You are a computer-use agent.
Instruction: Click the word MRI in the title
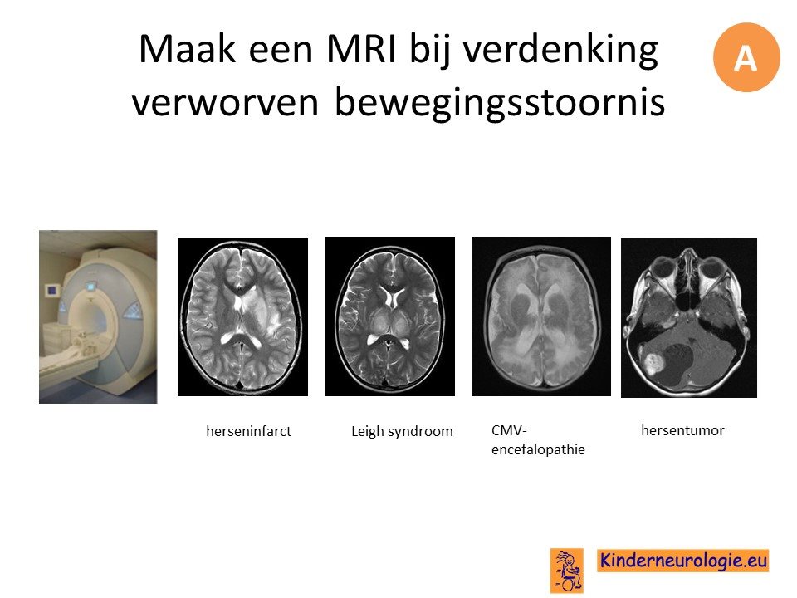(x=360, y=49)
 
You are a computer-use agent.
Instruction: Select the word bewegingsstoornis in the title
(x=500, y=101)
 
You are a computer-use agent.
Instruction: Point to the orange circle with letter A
(x=746, y=57)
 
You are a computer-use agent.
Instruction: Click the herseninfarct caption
(x=248, y=431)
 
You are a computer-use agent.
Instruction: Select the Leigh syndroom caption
(x=402, y=432)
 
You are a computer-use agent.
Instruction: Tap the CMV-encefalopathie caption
(x=538, y=440)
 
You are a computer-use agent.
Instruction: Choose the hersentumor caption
(x=682, y=431)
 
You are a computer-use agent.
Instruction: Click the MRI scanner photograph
(x=98, y=316)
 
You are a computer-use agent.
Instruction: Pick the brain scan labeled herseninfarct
(x=243, y=316)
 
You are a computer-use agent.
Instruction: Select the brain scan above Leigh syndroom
(x=390, y=316)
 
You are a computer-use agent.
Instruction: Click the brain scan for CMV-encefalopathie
(x=541, y=316)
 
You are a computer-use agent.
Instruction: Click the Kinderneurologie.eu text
(x=683, y=560)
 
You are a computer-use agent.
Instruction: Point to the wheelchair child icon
(x=567, y=570)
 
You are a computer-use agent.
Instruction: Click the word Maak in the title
(x=187, y=49)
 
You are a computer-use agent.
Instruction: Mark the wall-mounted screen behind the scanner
(x=51, y=291)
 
